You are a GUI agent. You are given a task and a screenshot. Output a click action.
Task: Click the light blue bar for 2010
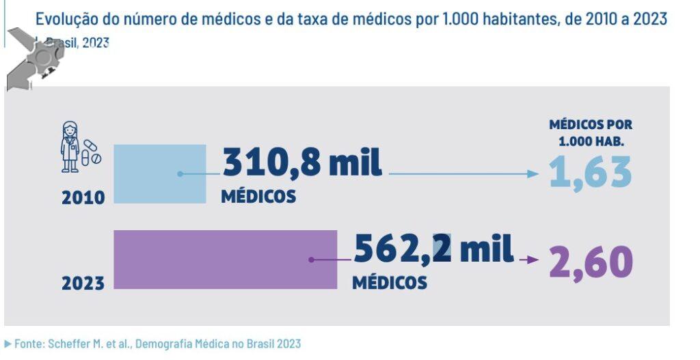point(159,174)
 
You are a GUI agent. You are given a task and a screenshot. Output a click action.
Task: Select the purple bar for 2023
point(225,260)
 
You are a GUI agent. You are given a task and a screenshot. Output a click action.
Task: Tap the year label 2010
point(83,198)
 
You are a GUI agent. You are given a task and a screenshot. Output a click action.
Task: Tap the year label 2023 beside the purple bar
point(83,283)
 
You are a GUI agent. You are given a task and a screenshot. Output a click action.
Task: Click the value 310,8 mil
point(302,163)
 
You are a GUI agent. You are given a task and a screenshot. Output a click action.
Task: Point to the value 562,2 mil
point(433,249)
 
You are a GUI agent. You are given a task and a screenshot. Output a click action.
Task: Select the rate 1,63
point(591,172)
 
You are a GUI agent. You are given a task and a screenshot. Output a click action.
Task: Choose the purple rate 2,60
point(591,263)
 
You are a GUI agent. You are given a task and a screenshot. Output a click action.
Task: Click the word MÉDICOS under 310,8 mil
point(258,197)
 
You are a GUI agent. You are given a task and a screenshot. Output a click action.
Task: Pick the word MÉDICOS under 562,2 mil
point(390,282)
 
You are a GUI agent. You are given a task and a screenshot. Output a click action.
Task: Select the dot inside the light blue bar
point(180,174)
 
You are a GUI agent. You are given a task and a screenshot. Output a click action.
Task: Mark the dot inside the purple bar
point(311,260)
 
